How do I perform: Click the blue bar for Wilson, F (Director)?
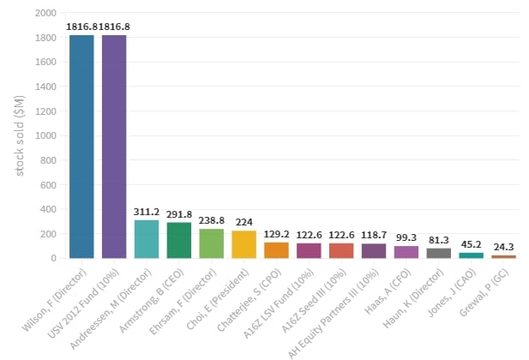[x=81, y=146]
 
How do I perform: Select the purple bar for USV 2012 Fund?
[x=114, y=146]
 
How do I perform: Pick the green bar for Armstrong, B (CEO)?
[x=179, y=240]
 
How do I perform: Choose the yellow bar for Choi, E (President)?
[x=244, y=244]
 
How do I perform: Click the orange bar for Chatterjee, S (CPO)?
[x=276, y=250]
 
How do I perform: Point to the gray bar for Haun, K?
[x=439, y=253]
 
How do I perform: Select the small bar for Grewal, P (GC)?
[x=504, y=256]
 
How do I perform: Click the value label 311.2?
[x=147, y=211]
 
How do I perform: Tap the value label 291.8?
[x=179, y=213]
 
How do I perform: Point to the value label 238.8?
[x=212, y=219]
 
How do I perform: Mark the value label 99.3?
[x=406, y=237]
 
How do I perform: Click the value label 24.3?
[x=504, y=247]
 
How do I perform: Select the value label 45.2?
[x=472, y=244]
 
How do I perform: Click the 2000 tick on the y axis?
[x=45, y=13]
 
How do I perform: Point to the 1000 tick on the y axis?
[x=45, y=135]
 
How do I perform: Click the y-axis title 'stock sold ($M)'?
[x=20, y=135]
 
